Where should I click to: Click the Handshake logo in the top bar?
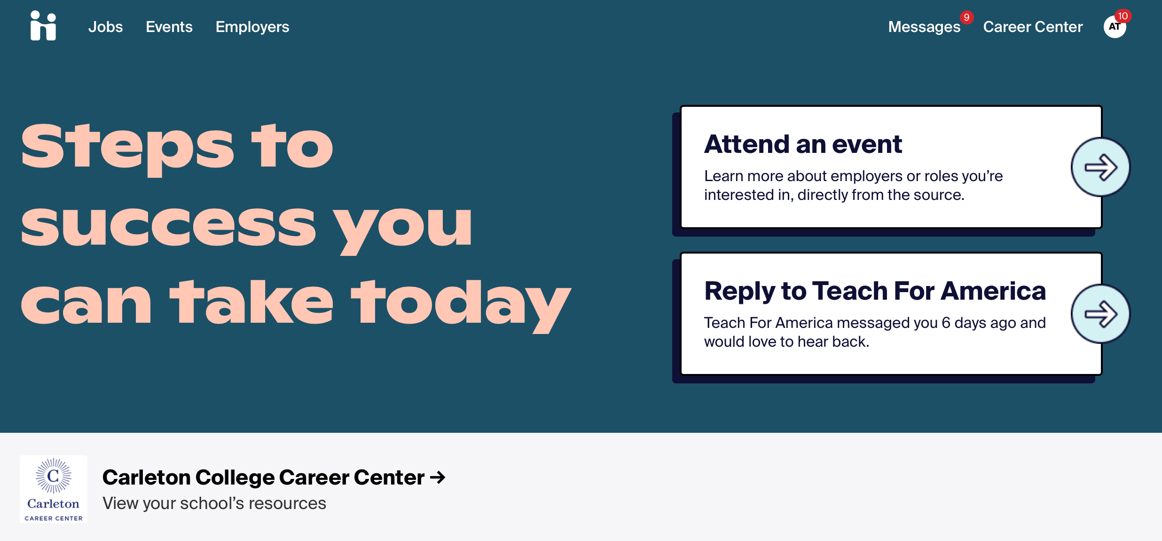pyautogui.click(x=43, y=26)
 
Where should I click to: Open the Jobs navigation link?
pyautogui.click(x=105, y=27)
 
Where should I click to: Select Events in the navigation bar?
pyautogui.click(x=169, y=27)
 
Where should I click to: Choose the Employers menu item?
pyautogui.click(x=252, y=27)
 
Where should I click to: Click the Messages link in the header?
pyautogui.click(x=924, y=27)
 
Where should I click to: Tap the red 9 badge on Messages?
pyautogui.click(x=966, y=17)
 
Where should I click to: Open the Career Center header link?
pyautogui.click(x=1033, y=27)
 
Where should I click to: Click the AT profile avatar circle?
pyautogui.click(x=1114, y=27)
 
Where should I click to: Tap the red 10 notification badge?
pyautogui.click(x=1123, y=16)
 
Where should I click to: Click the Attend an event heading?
pyautogui.click(x=803, y=144)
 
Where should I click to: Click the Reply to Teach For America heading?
pyautogui.click(x=875, y=291)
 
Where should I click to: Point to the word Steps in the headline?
pyautogui.click(x=127, y=149)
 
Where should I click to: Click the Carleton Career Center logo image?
pyautogui.click(x=54, y=489)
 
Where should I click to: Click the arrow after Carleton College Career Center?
pyautogui.click(x=438, y=478)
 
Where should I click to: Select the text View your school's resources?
pyautogui.click(x=214, y=503)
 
